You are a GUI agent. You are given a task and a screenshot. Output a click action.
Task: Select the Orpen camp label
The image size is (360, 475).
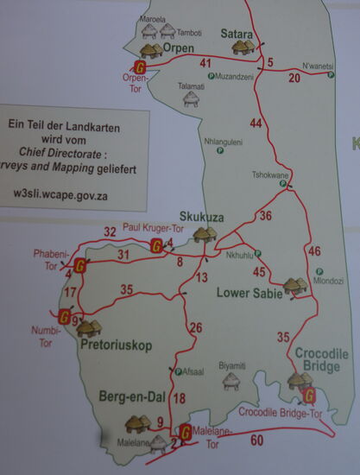click(x=178, y=48)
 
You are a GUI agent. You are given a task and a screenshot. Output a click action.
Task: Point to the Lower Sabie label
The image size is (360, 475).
click(x=249, y=294)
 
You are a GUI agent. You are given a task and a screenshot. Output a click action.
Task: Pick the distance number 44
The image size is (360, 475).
click(x=256, y=123)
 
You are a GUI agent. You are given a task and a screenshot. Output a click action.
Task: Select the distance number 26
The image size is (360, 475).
click(x=196, y=327)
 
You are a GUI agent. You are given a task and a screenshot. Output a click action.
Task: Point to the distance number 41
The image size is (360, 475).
click(x=205, y=63)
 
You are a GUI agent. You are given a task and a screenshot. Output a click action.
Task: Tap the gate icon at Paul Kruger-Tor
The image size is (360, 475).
click(x=156, y=246)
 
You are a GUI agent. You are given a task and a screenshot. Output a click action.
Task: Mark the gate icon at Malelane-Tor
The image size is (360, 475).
click(x=185, y=432)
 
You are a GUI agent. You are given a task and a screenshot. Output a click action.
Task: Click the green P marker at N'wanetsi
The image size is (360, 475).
click(x=332, y=75)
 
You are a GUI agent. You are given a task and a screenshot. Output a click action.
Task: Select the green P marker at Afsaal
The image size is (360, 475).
click(x=177, y=372)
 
